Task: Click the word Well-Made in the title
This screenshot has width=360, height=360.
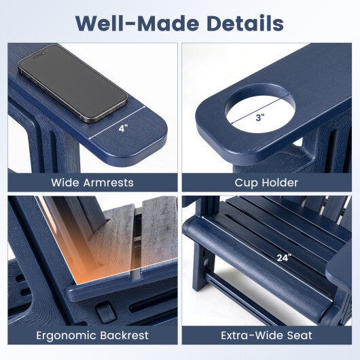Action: pyautogui.click(x=137, y=23)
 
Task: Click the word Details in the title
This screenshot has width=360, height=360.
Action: pyautogui.click(x=245, y=23)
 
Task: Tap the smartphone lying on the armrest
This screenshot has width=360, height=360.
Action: pyautogui.click(x=73, y=84)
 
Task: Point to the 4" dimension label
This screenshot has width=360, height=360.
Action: pyautogui.click(x=123, y=128)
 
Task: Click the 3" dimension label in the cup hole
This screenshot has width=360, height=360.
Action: pyautogui.click(x=260, y=118)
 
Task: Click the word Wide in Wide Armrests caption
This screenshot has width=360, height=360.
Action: pyautogui.click(x=65, y=183)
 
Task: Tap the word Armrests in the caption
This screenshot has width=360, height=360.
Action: pyautogui.click(x=109, y=183)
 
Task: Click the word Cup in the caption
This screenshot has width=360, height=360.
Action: pyautogui.click(x=245, y=183)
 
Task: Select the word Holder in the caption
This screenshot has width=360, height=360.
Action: pyautogui.click(x=280, y=183)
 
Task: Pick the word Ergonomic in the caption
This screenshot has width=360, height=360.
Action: pyautogui.click(x=65, y=336)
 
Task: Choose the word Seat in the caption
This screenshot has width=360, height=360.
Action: pyautogui.click(x=300, y=336)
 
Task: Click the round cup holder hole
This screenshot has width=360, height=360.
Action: pyautogui.click(x=259, y=109)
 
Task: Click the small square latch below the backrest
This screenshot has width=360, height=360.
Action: pyautogui.click(x=106, y=313)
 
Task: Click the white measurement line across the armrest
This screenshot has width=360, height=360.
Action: pyautogui.click(x=117, y=122)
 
